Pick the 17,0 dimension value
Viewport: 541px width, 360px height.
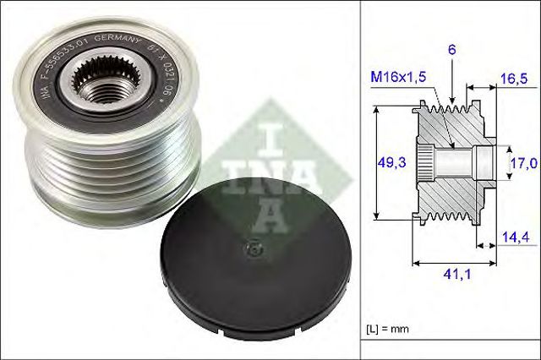521,161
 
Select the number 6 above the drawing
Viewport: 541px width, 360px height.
452,51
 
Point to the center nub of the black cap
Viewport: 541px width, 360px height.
251,249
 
